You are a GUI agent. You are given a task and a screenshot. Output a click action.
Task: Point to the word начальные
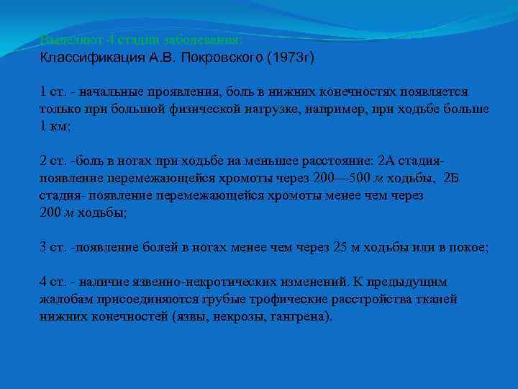click(x=112, y=92)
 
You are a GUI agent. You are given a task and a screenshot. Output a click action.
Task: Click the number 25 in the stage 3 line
click(x=341, y=246)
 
